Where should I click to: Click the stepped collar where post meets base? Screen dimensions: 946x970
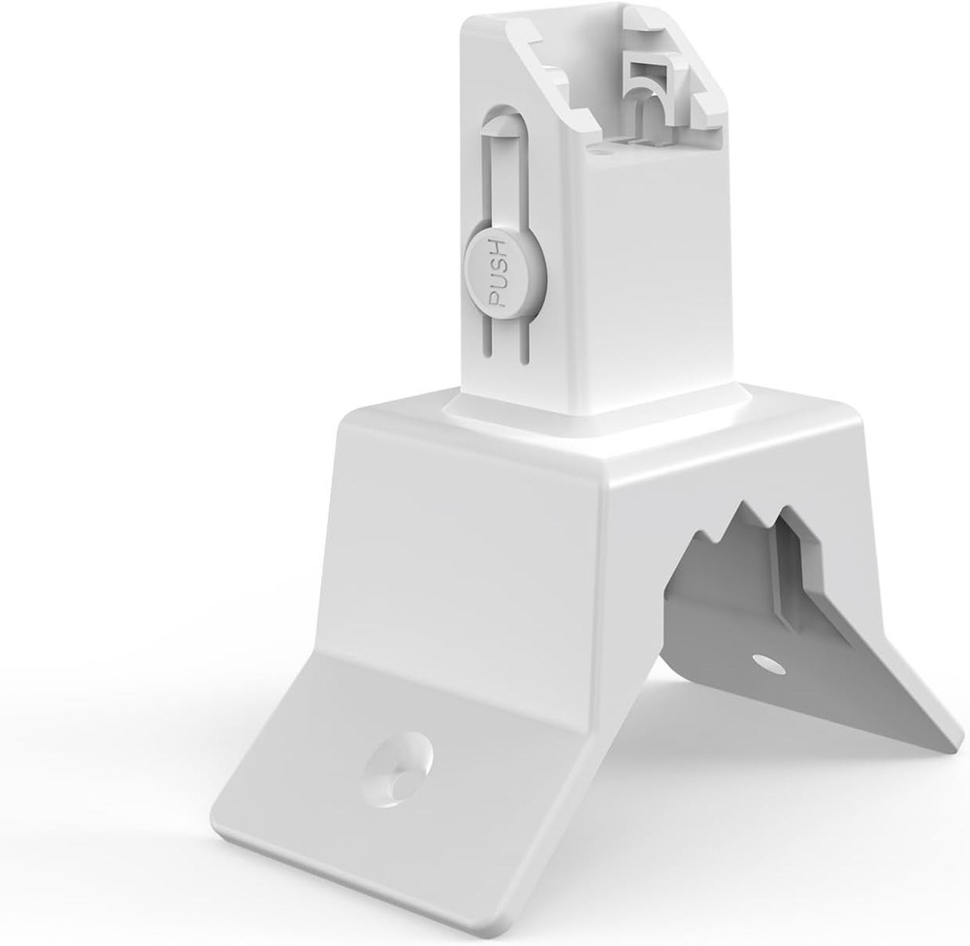coord(592,422)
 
